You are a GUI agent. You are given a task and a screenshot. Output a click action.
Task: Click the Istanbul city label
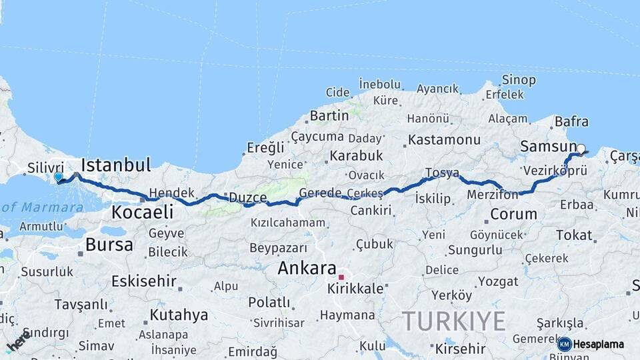coord(115,165)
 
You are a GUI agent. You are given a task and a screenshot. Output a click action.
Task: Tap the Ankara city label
coord(306,269)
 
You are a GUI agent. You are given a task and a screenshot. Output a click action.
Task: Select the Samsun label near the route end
coord(548,146)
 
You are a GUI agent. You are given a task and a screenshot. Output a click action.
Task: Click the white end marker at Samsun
coord(581,149)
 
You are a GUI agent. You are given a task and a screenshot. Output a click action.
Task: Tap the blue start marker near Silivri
coord(59,177)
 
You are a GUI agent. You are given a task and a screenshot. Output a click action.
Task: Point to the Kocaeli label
coord(142,213)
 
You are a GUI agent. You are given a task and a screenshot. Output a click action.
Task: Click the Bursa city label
coord(109,245)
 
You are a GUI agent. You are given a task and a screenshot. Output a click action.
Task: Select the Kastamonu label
coord(444,140)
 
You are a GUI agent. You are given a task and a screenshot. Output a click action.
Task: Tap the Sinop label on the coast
coord(518,80)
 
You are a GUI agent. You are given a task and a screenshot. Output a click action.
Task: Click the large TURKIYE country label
coord(453,321)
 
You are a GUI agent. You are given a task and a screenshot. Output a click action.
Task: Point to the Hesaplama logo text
coord(598,345)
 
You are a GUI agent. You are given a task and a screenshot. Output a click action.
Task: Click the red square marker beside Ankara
coord(341,277)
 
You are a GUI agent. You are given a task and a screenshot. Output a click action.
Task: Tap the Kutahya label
coord(179,315)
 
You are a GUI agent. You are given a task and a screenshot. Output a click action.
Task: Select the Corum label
coord(513,214)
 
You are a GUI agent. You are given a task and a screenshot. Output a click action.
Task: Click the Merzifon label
coord(493,195)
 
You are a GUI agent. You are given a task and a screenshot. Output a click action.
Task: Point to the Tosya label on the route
coord(442,173)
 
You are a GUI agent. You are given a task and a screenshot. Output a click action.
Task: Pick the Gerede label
coord(320,193)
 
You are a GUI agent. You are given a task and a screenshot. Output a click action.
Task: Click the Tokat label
coord(573,235)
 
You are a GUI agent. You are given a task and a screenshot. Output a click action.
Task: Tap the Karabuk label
coord(355,155)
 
